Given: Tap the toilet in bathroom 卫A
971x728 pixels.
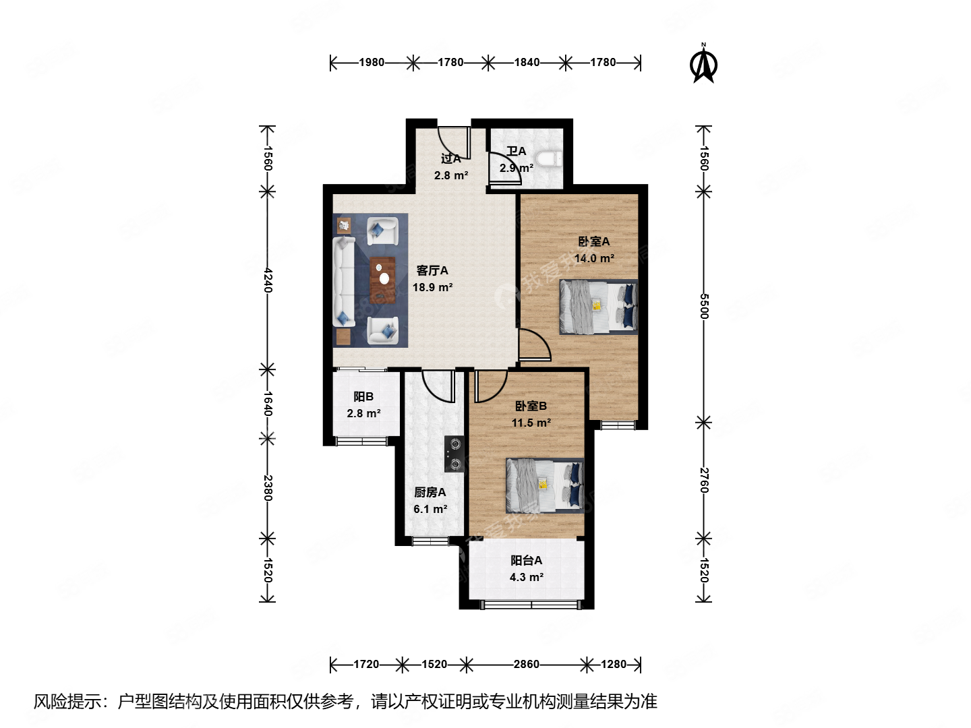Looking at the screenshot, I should click(x=552, y=160).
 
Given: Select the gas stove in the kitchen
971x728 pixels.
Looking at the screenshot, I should click(x=454, y=454).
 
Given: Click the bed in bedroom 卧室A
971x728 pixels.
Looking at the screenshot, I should click(x=598, y=307).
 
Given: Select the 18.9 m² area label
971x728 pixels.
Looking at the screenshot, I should click(x=432, y=287).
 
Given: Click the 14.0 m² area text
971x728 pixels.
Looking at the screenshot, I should click(x=593, y=258).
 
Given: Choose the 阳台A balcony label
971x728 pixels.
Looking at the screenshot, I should click(x=526, y=560).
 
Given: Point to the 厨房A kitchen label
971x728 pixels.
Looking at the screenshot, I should click(x=430, y=493).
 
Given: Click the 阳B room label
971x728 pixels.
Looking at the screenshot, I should click(x=363, y=397).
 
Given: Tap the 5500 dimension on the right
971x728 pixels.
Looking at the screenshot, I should click(x=704, y=307).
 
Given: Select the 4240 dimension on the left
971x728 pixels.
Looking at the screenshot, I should click(x=268, y=280).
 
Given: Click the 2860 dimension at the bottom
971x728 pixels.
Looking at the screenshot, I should click(x=526, y=665).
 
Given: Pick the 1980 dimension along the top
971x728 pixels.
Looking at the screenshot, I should click(x=371, y=63).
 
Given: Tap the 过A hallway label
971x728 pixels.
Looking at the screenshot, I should click(x=450, y=158).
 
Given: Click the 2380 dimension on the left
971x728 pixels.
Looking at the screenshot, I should click(x=268, y=487).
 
